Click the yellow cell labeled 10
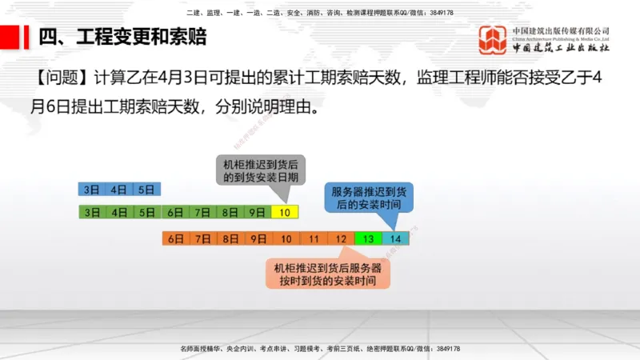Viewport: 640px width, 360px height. tap(285, 213)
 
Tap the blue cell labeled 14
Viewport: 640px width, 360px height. tap(395, 238)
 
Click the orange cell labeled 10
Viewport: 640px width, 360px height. tap(285, 238)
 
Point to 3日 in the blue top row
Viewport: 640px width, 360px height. tap(92, 190)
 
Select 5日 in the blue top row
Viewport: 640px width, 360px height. tap(146, 190)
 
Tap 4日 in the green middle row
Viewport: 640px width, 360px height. tap(119, 213)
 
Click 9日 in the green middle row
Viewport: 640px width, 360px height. tap(257, 213)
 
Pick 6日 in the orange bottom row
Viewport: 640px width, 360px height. tap(175, 238)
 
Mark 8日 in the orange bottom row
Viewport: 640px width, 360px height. tap(230, 238)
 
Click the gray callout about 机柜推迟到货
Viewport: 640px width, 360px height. tap(255, 169)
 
